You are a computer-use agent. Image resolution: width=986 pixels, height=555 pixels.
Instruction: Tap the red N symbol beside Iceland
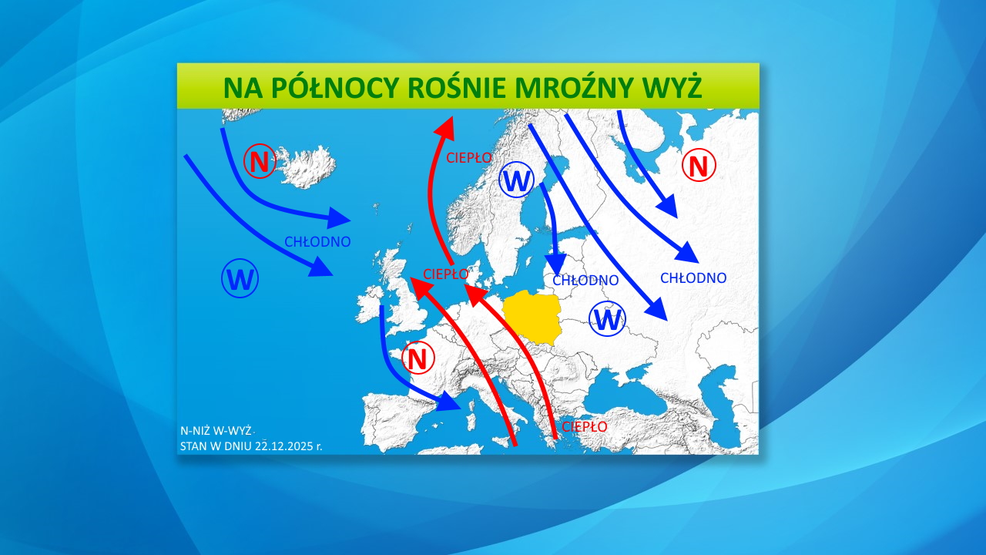(260, 162)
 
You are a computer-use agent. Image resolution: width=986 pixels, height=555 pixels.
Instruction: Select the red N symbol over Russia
(699, 165)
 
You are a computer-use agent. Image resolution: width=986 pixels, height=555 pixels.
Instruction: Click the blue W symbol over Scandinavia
(516, 181)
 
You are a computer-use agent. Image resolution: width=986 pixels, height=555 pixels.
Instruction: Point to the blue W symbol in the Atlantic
(240, 280)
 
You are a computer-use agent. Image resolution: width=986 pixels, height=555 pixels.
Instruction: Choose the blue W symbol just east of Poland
(608, 318)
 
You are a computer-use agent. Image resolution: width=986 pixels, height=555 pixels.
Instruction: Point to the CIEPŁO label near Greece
(584, 426)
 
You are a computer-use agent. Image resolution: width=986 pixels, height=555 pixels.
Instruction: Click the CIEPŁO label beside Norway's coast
(469, 157)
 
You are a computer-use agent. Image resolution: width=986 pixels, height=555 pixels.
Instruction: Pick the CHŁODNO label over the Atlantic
(317, 241)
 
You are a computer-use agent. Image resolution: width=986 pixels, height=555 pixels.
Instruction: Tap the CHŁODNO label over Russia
(693, 277)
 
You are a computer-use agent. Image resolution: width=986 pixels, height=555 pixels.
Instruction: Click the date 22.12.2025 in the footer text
(280, 446)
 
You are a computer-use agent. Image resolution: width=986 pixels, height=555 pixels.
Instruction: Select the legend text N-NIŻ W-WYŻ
(216, 431)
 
